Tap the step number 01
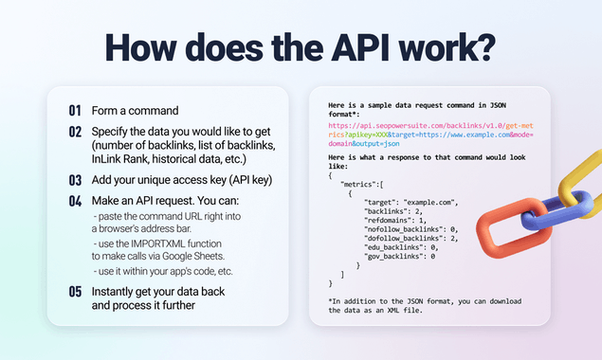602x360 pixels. pyautogui.click(x=75, y=110)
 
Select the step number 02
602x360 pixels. pyautogui.click(x=75, y=130)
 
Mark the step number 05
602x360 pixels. pyautogui.click(x=75, y=292)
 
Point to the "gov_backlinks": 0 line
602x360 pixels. pyautogui.click(x=398, y=256)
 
